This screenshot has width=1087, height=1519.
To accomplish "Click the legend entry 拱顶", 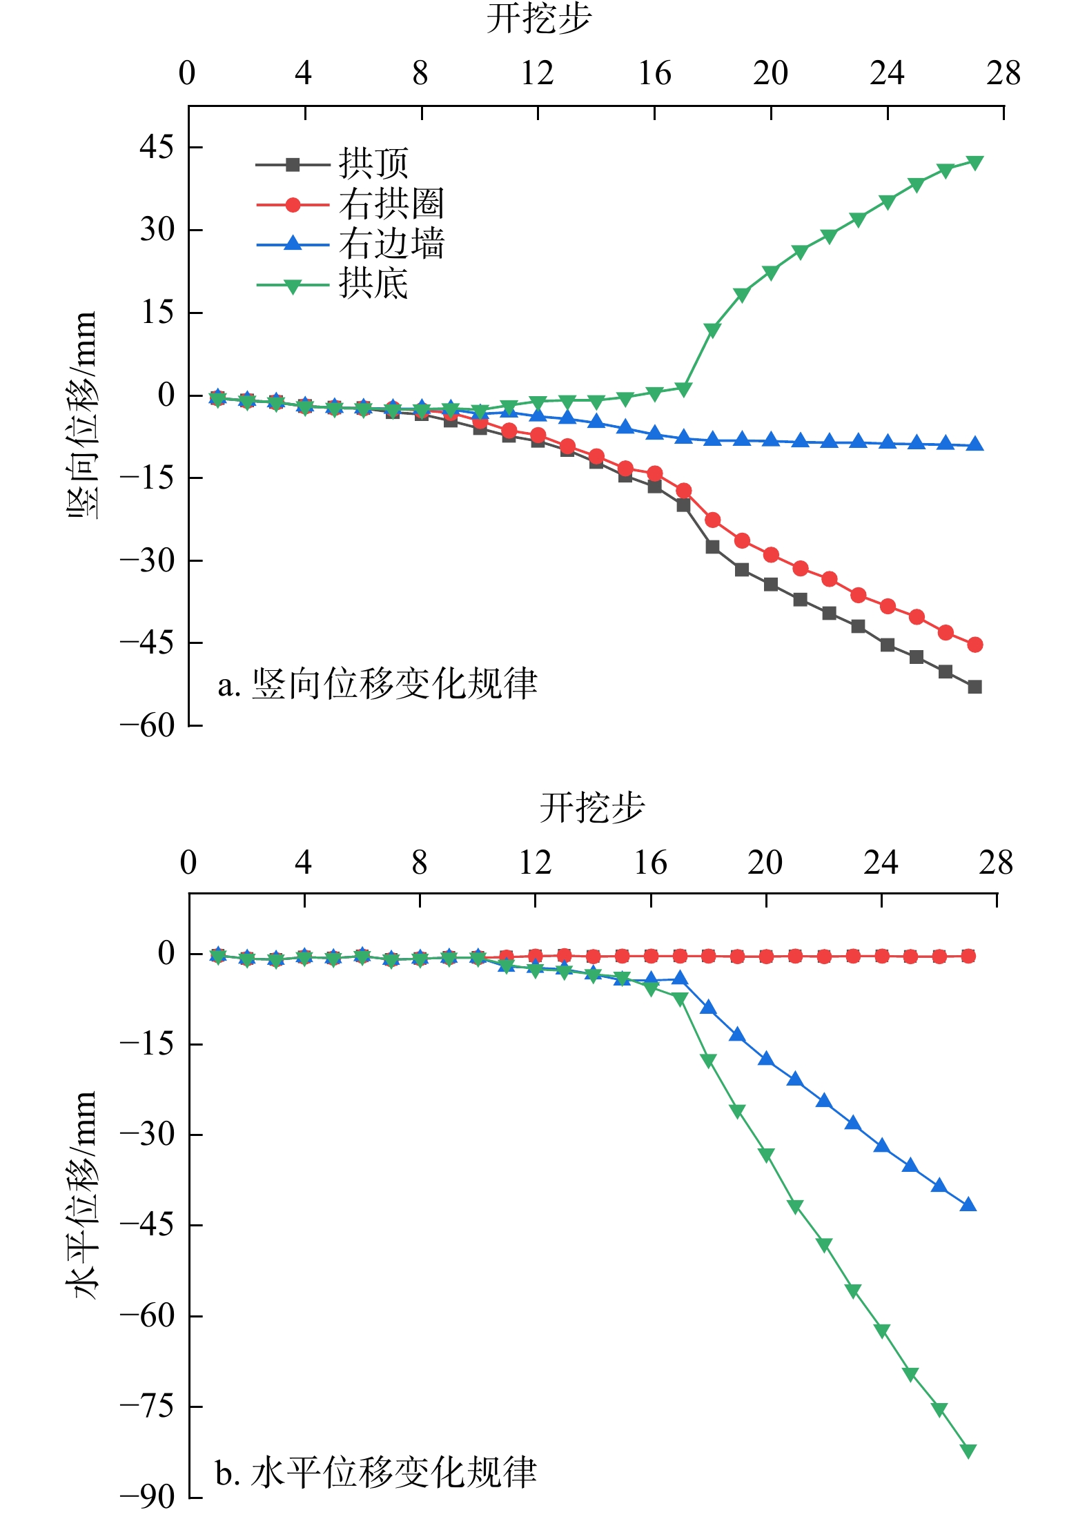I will point(373,164).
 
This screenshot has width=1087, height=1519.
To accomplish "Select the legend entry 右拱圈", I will point(391,204).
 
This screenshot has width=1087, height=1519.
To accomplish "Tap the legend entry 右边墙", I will point(391,244).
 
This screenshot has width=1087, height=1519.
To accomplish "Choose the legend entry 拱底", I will point(373,284).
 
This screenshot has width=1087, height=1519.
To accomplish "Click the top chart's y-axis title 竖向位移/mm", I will point(82,415).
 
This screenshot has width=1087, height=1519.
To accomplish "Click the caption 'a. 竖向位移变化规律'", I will point(377,684).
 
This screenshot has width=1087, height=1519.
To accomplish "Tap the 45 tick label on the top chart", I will point(157,147).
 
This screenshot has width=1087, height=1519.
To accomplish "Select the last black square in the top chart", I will point(975,687).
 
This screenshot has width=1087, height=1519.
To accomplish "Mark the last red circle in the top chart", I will point(975,645).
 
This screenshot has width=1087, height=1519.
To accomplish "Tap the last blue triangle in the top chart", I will point(975,444).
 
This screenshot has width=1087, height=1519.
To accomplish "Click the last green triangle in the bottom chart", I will point(968,1451).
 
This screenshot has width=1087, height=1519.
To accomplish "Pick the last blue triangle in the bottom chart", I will point(968,1205).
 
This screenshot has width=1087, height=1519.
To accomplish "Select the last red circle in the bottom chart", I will point(968,956).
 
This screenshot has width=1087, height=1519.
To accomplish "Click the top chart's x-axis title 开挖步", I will point(539,19).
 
